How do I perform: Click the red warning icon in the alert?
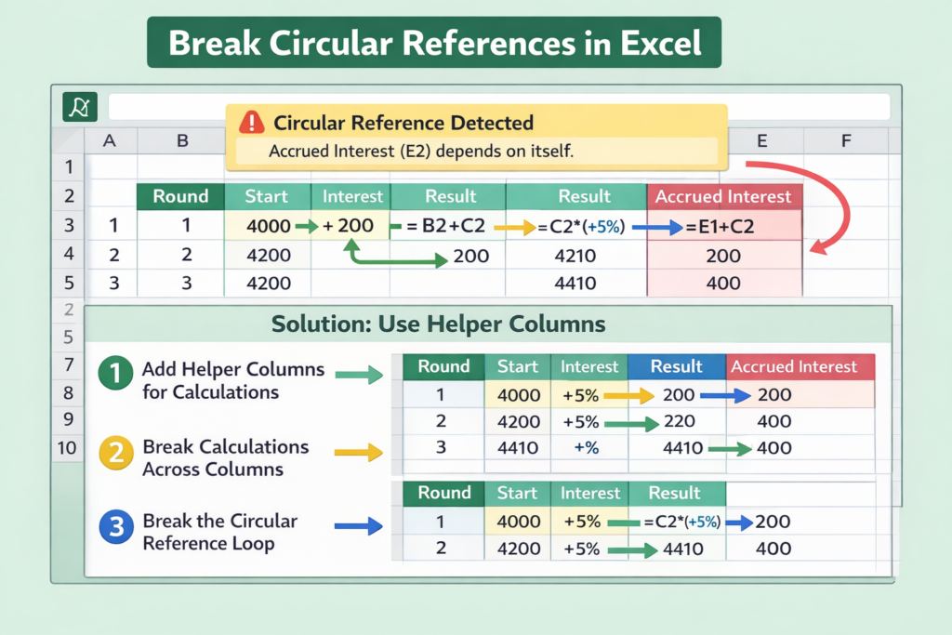251,122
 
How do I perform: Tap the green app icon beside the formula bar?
80,107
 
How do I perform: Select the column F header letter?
846,140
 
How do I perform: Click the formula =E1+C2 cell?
721,227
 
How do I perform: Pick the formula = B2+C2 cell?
445,226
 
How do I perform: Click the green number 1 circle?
115,373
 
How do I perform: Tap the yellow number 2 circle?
116,453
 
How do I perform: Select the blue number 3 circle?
116,526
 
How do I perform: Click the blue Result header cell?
677,366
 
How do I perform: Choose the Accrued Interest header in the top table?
724,197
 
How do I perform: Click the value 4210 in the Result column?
575,256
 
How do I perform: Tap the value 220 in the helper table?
680,421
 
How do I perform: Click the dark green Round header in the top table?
181,197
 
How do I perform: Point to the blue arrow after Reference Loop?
358,525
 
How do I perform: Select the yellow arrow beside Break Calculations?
358,452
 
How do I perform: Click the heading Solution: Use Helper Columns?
439,324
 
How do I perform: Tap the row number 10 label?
67,448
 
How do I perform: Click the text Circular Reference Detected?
403,123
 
